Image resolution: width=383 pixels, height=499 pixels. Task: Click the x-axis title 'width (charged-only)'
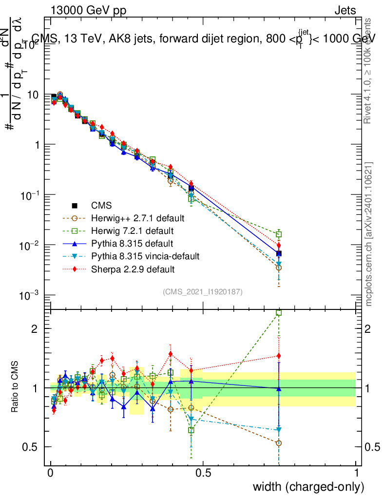[x=308, y=486]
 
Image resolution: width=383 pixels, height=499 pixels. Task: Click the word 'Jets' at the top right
[x=345, y=11]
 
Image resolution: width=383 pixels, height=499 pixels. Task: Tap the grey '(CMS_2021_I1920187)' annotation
[x=202, y=291]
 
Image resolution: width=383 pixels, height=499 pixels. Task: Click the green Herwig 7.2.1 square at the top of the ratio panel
[x=279, y=313]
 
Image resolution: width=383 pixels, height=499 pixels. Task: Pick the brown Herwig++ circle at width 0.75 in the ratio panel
[x=279, y=443]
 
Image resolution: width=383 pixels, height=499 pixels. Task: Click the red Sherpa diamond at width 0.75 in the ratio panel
[x=279, y=356]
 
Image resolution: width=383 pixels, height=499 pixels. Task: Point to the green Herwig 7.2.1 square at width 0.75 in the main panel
[x=279, y=234]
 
